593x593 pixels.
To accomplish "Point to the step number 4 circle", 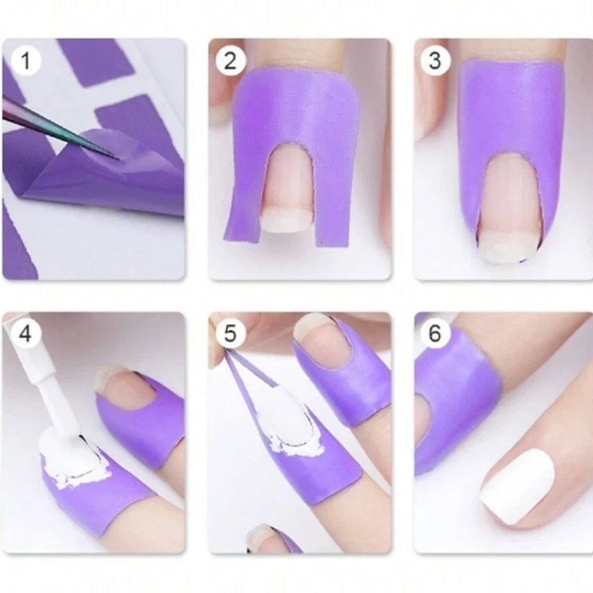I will click(25, 334).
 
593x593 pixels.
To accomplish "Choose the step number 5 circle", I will click(230, 334).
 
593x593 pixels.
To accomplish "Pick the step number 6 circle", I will click(435, 334).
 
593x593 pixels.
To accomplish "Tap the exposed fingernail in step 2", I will click(287, 191).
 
